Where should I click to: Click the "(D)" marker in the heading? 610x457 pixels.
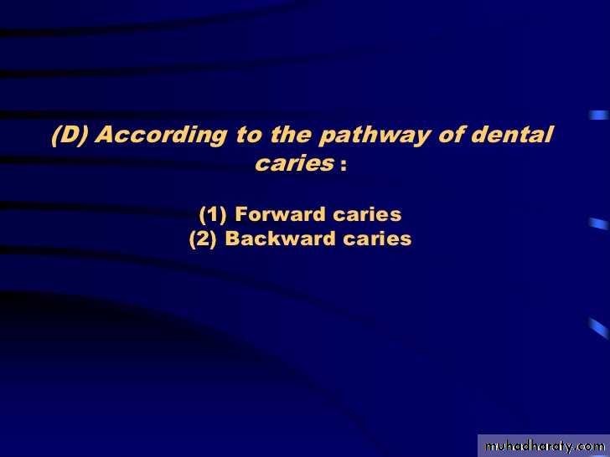pos(70,135)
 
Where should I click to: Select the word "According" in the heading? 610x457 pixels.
pos(162,136)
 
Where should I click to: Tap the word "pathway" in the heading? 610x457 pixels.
pos(375,136)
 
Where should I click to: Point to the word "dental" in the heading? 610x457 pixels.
pos(512,134)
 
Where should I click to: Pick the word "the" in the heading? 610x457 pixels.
pos(291,135)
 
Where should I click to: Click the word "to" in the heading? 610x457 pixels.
pos(249,136)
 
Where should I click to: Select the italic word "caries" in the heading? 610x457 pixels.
pos(295,163)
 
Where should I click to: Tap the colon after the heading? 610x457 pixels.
pos(344,165)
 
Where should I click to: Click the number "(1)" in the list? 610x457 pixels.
pos(213,215)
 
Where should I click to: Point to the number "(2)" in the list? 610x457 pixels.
pos(203,239)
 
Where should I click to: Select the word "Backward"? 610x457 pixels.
pos(280,239)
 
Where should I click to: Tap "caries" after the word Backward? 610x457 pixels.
pos(377,239)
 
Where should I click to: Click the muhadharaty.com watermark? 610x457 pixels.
pos(545,446)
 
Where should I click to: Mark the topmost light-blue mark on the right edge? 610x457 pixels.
pos(599,115)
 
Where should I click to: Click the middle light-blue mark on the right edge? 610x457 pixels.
pos(599,223)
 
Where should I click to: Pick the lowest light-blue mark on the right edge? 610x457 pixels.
pos(599,328)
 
